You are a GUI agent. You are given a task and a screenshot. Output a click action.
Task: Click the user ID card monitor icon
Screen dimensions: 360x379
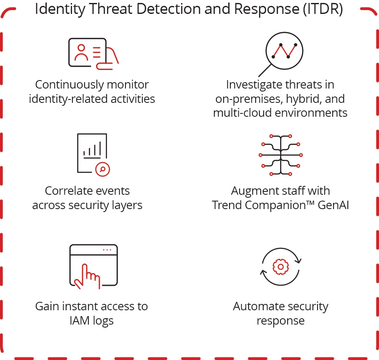[93, 53]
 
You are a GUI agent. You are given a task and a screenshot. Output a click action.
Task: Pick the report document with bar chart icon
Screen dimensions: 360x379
[93, 153]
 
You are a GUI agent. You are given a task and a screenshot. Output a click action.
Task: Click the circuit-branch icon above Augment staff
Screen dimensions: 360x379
[280, 155]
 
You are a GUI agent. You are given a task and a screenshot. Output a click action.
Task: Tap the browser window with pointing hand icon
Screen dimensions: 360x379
[93, 266]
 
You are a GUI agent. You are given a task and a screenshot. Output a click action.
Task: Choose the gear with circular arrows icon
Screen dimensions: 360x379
[280, 267]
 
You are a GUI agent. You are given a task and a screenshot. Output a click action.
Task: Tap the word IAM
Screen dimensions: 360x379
[80, 320]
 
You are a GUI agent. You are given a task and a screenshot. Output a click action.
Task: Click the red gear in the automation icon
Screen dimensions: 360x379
[280, 267]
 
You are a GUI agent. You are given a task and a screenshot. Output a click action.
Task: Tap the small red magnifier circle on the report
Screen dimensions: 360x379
[102, 169]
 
